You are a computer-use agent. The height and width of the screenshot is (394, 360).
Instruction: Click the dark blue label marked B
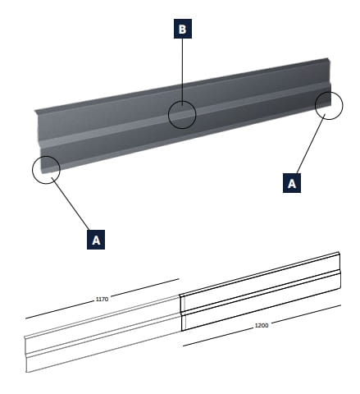[x=183, y=29]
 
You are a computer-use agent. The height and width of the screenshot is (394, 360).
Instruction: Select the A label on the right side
[x=292, y=183]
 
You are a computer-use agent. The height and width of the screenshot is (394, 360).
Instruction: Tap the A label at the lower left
[x=96, y=240]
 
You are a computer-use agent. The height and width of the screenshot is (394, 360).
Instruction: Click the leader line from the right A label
[x=311, y=144]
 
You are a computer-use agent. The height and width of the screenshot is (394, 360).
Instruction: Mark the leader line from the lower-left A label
[x=71, y=204]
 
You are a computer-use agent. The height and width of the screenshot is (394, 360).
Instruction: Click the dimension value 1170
[x=102, y=300]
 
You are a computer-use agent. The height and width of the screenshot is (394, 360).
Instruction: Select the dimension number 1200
[x=262, y=325]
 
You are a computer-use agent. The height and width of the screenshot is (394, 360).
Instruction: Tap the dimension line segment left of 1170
[x=60, y=310]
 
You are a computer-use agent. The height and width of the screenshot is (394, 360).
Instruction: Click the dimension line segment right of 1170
[x=145, y=287]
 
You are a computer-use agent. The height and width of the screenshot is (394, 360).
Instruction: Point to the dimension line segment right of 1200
[x=306, y=314]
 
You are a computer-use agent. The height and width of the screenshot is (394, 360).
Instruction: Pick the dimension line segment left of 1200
[x=218, y=337]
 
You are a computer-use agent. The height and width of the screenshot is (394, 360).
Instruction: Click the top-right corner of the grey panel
[x=328, y=58]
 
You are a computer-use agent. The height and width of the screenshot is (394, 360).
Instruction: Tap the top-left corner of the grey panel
[x=34, y=110]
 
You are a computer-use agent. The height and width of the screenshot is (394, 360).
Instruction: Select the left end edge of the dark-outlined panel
[x=180, y=313]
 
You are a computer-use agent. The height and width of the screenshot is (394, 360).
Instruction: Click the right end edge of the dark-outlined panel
[x=339, y=270]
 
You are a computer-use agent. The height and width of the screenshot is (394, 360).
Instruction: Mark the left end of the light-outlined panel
[x=26, y=355]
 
